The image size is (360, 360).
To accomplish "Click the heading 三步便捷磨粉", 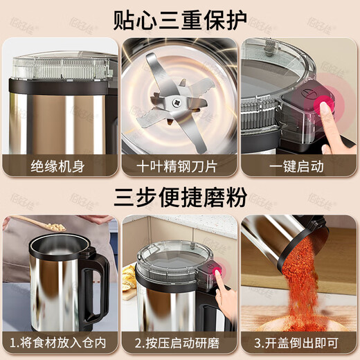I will [x=180, y=197].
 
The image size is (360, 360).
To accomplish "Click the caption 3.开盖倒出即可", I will [x=298, y=342].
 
